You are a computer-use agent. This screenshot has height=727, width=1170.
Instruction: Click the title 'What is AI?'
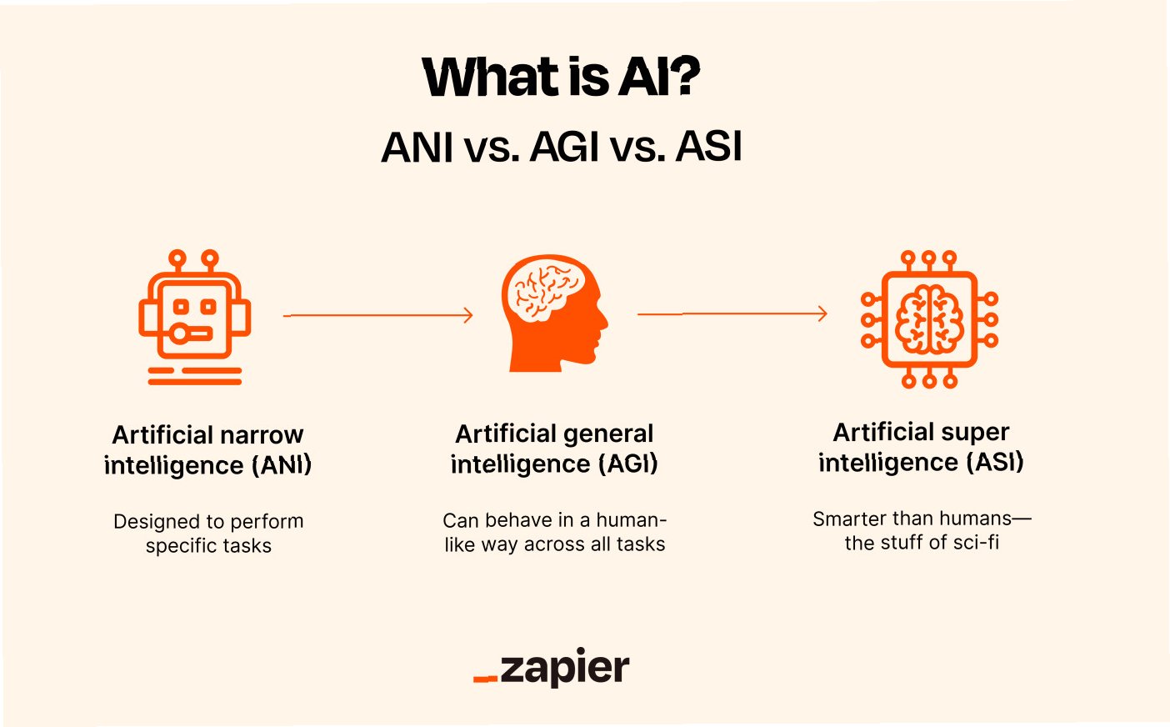pyautogui.click(x=561, y=77)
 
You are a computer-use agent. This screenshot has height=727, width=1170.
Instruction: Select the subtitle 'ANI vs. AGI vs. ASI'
pyautogui.click(x=561, y=148)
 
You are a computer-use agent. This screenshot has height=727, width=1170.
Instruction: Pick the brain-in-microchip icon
pyautogui.click(x=929, y=319)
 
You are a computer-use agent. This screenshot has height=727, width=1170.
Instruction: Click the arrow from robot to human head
pyautogui.click(x=377, y=315)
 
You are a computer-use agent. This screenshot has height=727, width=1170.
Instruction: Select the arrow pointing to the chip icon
pyautogui.click(x=732, y=313)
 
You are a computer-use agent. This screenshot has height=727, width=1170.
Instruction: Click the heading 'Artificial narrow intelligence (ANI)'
pyautogui.click(x=207, y=449)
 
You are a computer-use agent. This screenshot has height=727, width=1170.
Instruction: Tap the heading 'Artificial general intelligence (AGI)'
pyautogui.click(x=554, y=449)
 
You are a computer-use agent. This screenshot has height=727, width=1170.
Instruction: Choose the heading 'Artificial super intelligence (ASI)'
pyautogui.click(x=921, y=447)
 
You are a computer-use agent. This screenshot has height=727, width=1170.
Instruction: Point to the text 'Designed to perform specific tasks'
pyautogui.click(x=208, y=534)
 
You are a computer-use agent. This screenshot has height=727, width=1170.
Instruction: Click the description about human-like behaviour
pyautogui.click(x=554, y=532)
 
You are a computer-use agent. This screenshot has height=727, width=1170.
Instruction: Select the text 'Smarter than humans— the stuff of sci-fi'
pyautogui.click(x=922, y=530)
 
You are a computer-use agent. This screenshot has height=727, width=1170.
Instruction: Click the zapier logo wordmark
pyautogui.click(x=565, y=669)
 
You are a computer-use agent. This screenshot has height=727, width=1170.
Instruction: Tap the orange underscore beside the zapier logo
pyautogui.click(x=485, y=679)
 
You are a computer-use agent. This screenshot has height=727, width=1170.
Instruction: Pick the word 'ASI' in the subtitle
pyautogui.click(x=708, y=148)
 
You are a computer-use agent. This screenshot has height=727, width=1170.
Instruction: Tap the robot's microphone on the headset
pyautogui.click(x=182, y=334)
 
